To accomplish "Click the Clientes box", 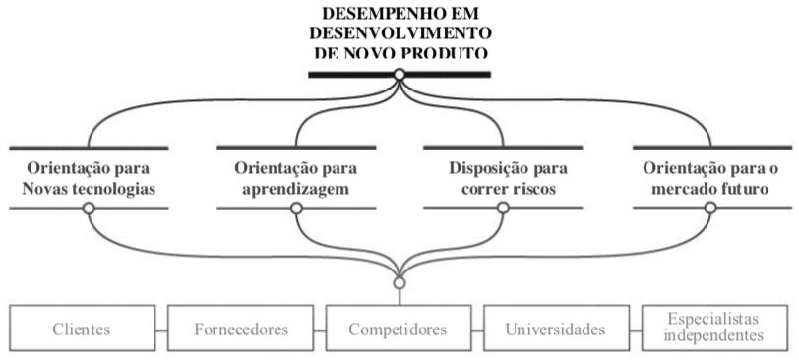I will click(x=82, y=329).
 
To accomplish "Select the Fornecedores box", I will click(x=240, y=329).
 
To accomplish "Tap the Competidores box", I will click(x=399, y=329).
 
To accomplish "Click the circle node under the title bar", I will click(x=399, y=75).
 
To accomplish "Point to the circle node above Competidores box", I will click(x=399, y=283).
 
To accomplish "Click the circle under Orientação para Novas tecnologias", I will click(x=89, y=209).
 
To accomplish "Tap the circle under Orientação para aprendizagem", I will click(x=296, y=209).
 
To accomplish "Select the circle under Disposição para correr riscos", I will click(x=503, y=209).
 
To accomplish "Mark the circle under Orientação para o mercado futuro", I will click(x=710, y=209).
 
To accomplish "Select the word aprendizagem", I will click(x=295, y=187).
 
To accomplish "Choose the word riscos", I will click(x=530, y=187).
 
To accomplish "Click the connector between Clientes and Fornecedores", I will click(x=161, y=329).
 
